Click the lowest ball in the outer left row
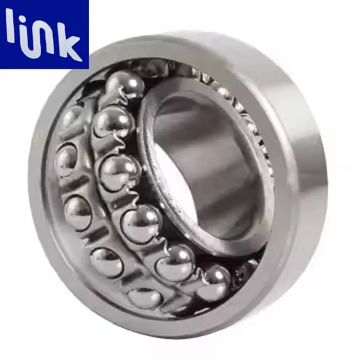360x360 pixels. tap(144, 297)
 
